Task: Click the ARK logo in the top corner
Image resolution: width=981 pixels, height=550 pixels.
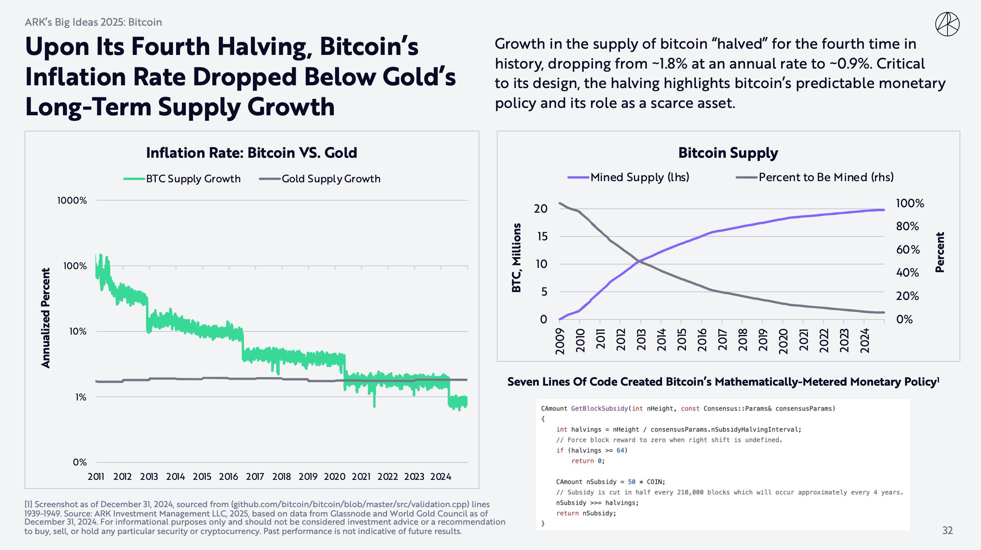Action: [x=947, y=24]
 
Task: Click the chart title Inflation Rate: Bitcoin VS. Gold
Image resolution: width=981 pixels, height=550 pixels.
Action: [x=251, y=153]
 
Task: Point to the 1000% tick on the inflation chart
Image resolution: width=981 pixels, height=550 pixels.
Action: [x=72, y=201]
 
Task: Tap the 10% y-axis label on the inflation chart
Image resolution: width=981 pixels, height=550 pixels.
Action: [x=78, y=331]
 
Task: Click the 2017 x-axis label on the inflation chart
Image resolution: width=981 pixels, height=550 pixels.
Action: [x=255, y=476]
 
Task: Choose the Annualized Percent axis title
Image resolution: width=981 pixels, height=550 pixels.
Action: [x=46, y=318]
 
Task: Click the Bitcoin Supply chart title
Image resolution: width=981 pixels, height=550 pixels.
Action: [x=728, y=153]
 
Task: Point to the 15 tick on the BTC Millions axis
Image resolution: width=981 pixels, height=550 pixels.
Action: [x=542, y=236]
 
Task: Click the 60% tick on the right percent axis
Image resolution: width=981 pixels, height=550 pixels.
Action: [x=908, y=249]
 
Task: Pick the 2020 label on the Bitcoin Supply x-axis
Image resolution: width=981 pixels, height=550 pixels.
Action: [x=783, y=341]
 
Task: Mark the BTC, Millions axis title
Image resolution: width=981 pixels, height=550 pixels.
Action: [x=517, y=258]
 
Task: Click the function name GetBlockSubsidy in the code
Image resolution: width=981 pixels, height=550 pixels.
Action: [x=599, y=409]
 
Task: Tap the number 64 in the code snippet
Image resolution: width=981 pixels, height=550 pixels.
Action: [x=620, y=450]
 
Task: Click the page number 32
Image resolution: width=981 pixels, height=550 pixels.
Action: [x=947, y=530]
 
